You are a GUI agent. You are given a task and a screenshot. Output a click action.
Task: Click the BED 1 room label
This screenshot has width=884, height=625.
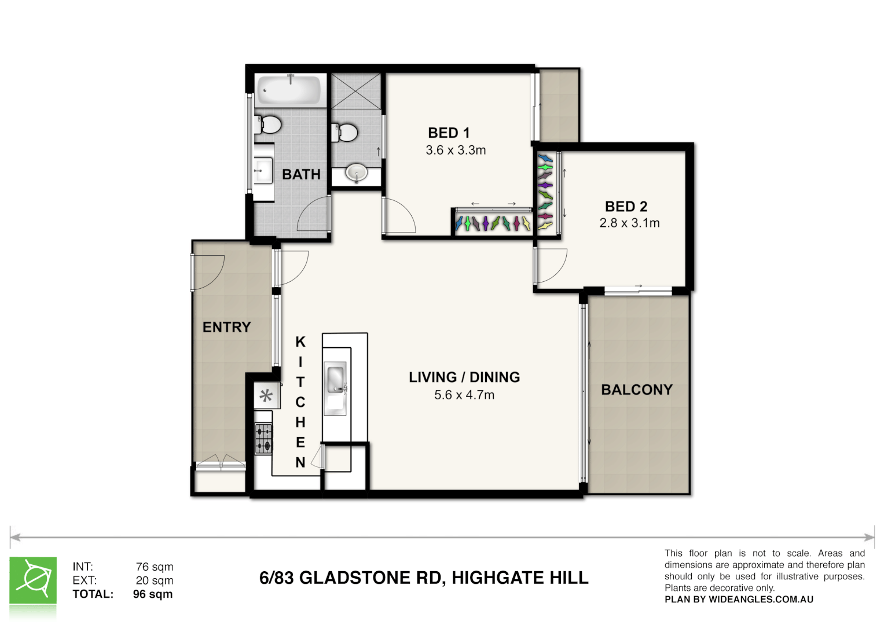(x=449, y=133)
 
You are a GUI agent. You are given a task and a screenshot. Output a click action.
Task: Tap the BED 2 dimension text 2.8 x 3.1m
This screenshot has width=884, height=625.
(x=629, y=223)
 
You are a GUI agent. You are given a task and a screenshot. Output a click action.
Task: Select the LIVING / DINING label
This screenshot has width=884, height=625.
(x=464, y=377)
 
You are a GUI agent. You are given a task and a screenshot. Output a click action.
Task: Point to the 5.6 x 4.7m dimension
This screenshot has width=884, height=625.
(x=464, y=395)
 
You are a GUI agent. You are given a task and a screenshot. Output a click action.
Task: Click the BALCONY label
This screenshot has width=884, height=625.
(x=637, y=390)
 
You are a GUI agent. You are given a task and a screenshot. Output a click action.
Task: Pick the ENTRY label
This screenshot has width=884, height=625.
(x=226, y=328)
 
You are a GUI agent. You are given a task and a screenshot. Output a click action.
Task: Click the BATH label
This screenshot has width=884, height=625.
(x=301, y=174)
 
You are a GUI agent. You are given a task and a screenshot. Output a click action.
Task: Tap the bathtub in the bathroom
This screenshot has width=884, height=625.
(x=289, y=90)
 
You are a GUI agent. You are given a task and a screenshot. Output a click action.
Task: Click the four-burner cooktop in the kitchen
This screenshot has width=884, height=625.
(x=263, y=438)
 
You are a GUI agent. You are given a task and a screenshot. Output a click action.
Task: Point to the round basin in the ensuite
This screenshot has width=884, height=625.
(x=356, y=172)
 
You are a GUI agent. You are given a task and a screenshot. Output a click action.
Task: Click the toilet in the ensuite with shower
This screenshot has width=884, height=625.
(x=344, y=133)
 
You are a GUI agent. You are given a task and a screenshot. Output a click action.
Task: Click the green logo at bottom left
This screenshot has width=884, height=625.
(x=33, y=581)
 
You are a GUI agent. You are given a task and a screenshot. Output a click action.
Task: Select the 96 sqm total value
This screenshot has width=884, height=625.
(x=153, y=594)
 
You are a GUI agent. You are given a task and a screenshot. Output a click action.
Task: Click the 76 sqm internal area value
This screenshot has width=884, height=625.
(x=155, y=567)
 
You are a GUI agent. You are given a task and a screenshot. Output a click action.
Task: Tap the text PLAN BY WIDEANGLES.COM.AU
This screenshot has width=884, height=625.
(x=739, y=600)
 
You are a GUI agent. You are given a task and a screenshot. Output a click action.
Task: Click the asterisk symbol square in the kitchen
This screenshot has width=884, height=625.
(x=266, y=396)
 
